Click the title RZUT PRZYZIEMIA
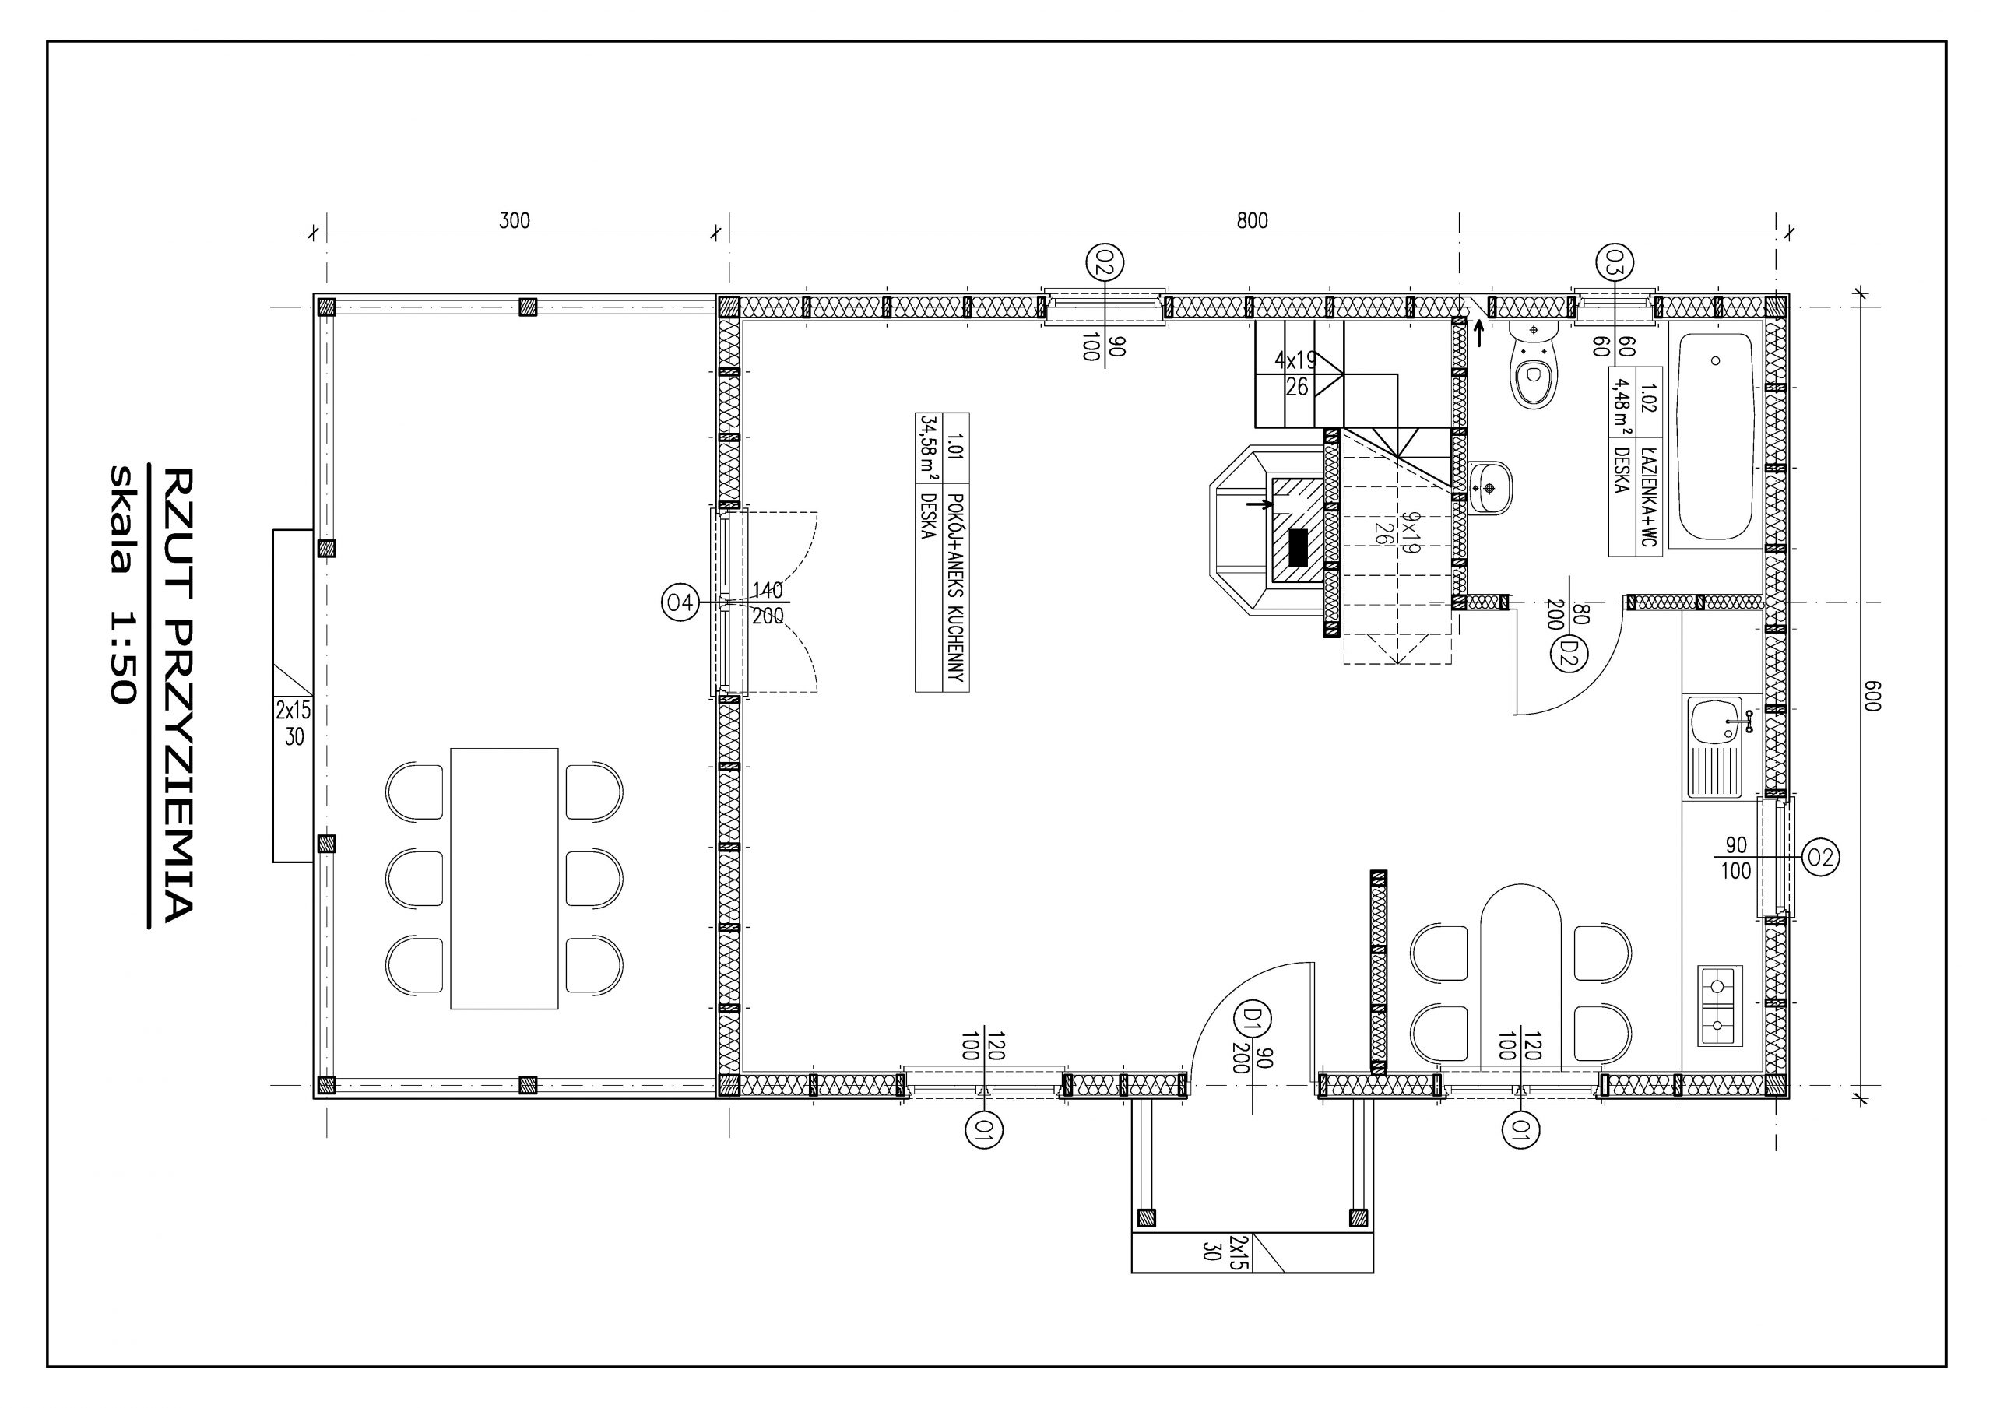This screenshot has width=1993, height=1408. pyautogui.click(x=178, y=694)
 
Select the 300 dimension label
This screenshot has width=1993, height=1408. pyautogui.click(x=514, y=220)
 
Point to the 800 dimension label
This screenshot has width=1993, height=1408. pyautogui.click(x=1252, y=220)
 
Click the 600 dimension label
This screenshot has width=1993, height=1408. pyautogui.click(x=1872, y=696)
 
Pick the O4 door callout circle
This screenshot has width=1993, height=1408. pyautogui.click(x=680, y=602)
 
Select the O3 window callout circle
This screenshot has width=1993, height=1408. pyautogui.click(x=1615, y=262)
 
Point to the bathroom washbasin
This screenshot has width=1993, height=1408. pyautogui.click(x=1490, y=488)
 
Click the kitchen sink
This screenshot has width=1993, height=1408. pyautogui.click(x=1714, y=746)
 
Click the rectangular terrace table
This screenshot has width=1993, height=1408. pyautogui.click(x=504, y=879)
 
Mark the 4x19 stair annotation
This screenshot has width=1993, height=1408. pyautogui.click(x=1295, y=360)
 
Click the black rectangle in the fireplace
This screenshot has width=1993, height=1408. pyautogui.click(x=1298, y=547)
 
